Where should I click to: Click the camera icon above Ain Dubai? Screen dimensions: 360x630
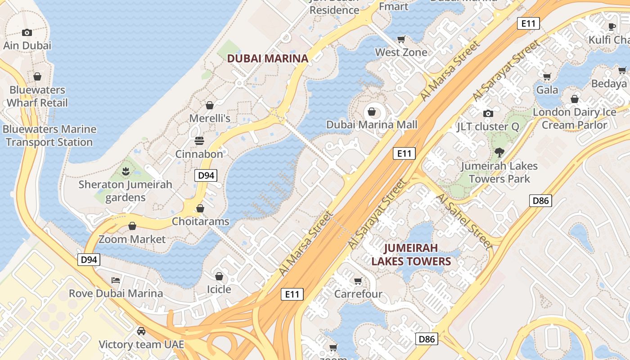27,32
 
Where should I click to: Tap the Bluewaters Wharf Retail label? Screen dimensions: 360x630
37,96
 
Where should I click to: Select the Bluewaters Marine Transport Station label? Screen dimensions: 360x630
49,135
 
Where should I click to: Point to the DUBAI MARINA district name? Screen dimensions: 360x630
267,58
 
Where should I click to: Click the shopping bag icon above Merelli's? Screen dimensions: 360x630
209,105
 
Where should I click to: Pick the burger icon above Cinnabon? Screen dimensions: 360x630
199,141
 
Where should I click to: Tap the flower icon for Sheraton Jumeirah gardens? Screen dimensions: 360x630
125,171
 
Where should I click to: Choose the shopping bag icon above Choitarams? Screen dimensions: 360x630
200,208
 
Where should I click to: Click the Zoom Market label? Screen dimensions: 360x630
132,239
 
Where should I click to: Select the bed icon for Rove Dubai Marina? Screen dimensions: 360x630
116,280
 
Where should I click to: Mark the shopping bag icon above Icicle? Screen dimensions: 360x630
219,276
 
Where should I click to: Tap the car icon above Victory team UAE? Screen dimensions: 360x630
141,331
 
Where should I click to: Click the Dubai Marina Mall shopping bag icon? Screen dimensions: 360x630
372,111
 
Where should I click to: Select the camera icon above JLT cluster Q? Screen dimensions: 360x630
488,113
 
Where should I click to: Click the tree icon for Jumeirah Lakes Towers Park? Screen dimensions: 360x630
499,152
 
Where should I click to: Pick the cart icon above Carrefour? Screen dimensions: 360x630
358,281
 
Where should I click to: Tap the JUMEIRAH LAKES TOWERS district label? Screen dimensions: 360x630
411,255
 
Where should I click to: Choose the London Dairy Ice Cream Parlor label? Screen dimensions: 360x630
575,118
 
